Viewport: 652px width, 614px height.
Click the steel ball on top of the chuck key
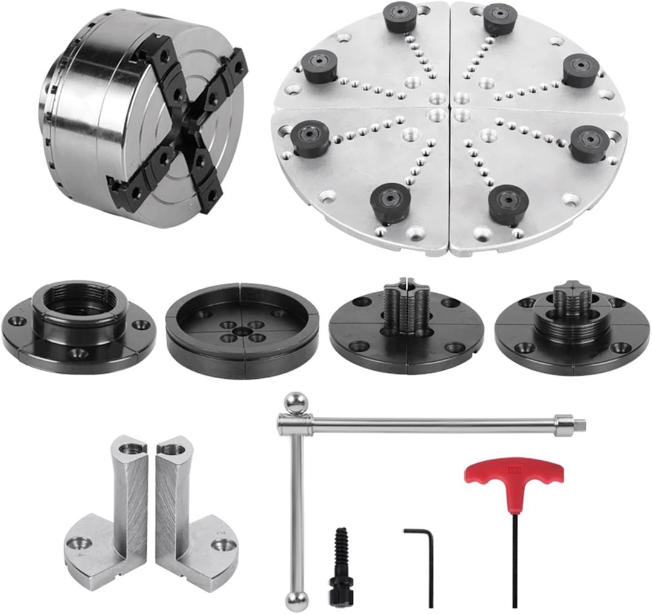(x=296, y=403)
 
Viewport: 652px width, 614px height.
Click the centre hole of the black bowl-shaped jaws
(x=242, y=331)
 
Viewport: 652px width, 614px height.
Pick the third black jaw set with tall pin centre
(x=406, y=329)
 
